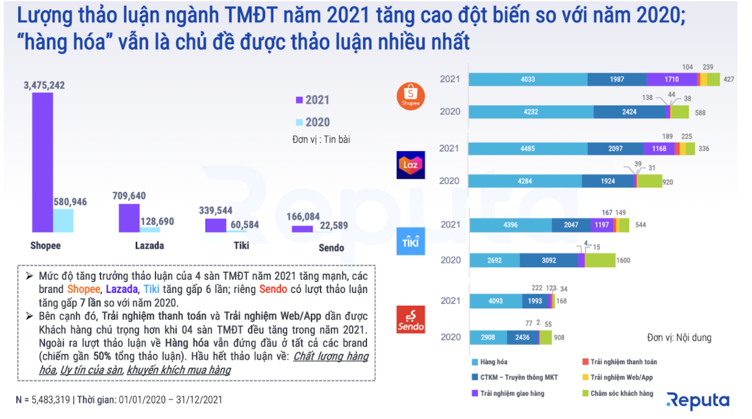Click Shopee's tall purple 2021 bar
[42, 163]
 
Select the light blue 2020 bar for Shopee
[63, 220]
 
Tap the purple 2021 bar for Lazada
[129, 218]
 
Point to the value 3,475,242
[44, 85]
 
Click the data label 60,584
[244, 225]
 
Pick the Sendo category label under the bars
[332, 247]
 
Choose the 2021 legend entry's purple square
[299, 100]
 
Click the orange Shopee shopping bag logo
[411, 96]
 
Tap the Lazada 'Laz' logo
[411, 164]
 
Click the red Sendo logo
[411, 319]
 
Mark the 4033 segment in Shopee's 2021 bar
[528, 79]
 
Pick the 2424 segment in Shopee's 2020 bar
[630, 112]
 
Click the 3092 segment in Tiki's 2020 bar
[548, 260]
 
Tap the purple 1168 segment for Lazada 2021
[659, 149]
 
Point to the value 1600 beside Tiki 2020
[623, 261]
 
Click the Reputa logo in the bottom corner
[698, 400]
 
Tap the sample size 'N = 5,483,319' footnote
[43, 400]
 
